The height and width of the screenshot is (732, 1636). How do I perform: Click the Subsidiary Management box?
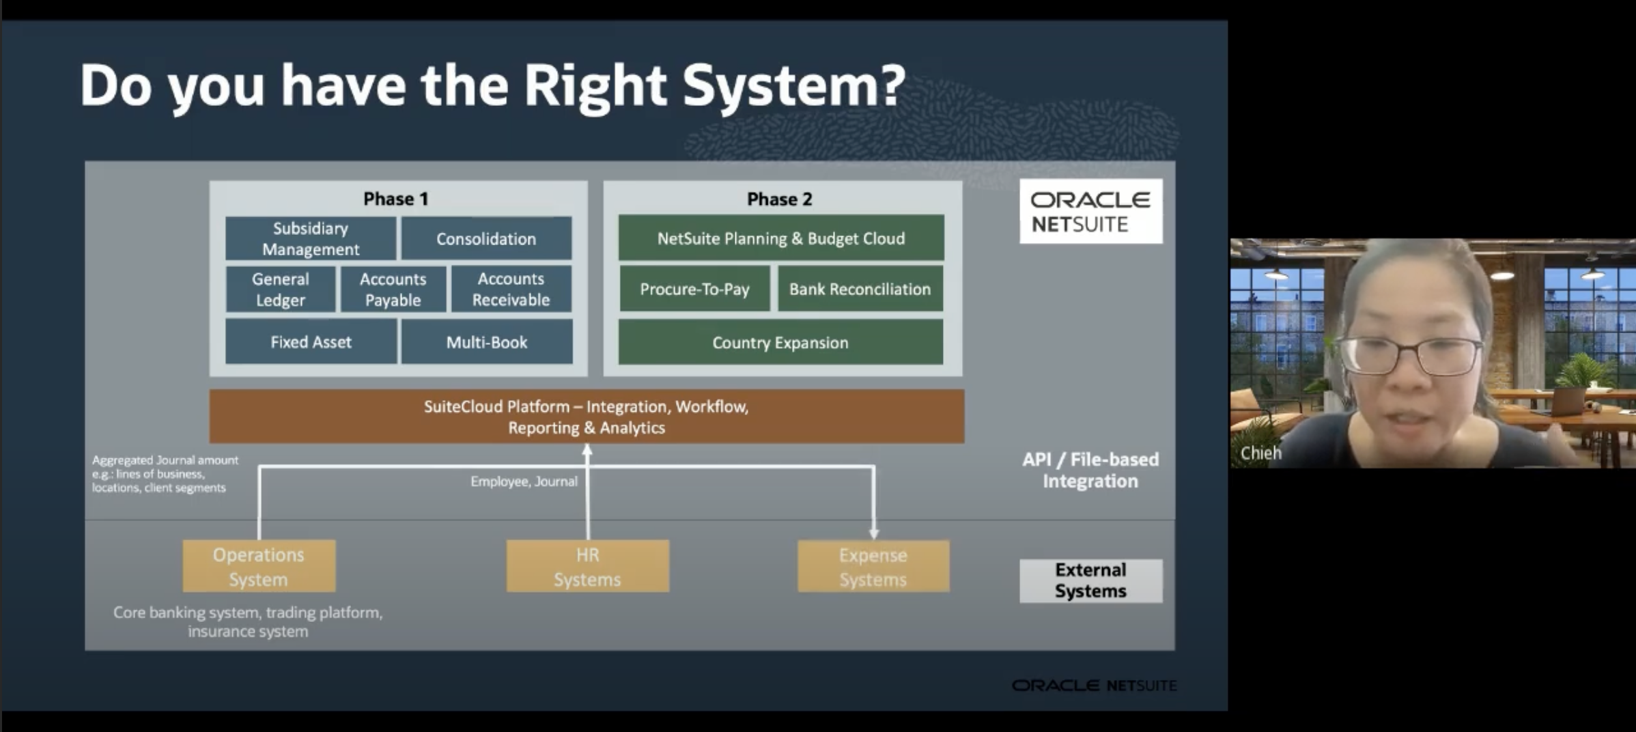coord(311,238)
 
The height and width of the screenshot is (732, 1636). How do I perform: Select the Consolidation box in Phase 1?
coord(486,238)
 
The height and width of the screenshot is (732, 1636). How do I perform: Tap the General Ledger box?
coord(281,289)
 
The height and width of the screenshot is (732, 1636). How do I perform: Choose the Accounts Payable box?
coord(393,289)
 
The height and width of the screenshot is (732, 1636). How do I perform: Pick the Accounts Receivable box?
coord(511,289)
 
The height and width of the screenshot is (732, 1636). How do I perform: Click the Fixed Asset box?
coord(311,341)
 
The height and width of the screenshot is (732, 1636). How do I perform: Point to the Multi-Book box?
coord(487,341)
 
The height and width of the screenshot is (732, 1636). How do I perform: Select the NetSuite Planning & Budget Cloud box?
coord(781,238)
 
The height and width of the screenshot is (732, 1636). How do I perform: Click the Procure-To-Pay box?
coord(694,289)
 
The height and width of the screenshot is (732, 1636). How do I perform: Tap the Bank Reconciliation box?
coord(860,289)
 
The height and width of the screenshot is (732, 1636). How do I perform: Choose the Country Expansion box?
coord(780,342)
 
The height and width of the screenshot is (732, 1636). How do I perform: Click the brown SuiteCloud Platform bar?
coord(587,417)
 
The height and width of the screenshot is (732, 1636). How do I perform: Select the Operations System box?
coord(259,566)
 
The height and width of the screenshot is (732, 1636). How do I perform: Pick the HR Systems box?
coord(587,566)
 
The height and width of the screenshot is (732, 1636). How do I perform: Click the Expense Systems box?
coord(873,566)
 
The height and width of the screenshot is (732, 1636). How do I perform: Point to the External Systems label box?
coord(1090,580)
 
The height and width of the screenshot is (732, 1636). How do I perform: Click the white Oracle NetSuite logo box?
coord(1090,211)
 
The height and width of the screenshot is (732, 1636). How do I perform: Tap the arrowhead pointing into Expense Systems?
coord(874,533)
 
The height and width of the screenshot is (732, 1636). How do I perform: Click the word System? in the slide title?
coord(793,87)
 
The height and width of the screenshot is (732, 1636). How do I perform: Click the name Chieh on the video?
coord(1260,453)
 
